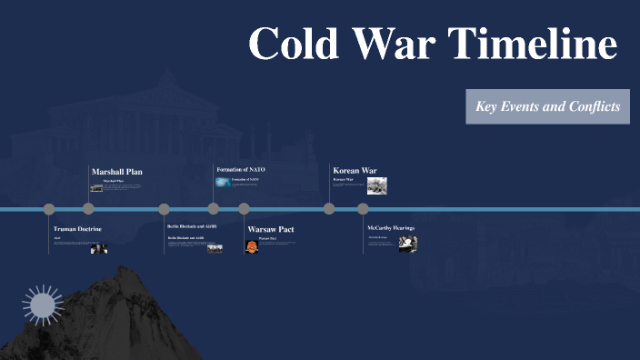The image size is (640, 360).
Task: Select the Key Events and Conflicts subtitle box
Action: point(547,106)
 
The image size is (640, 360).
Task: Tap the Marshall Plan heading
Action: point(117,171)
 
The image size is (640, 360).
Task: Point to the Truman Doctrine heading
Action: point(77,228)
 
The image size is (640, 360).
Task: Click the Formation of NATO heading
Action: point(240,169)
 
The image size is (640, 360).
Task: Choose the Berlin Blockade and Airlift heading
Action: point(192,225)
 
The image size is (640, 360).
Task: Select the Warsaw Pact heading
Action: point(271,229)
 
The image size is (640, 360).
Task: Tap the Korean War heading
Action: point(355,170)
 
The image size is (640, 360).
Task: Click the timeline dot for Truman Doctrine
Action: point(49,209)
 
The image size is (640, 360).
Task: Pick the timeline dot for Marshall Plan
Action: point(89,209)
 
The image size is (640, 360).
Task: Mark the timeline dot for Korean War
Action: point(329,209)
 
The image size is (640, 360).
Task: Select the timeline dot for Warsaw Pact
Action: point(244,209)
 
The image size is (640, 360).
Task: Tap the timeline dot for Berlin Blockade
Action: point(165,209)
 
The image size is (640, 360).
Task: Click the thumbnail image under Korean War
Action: point(377,185)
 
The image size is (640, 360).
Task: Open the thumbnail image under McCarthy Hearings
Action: point(407,243)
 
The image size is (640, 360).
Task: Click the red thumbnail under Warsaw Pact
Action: point(252,245)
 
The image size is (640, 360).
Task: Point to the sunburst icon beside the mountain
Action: point(41,305)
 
